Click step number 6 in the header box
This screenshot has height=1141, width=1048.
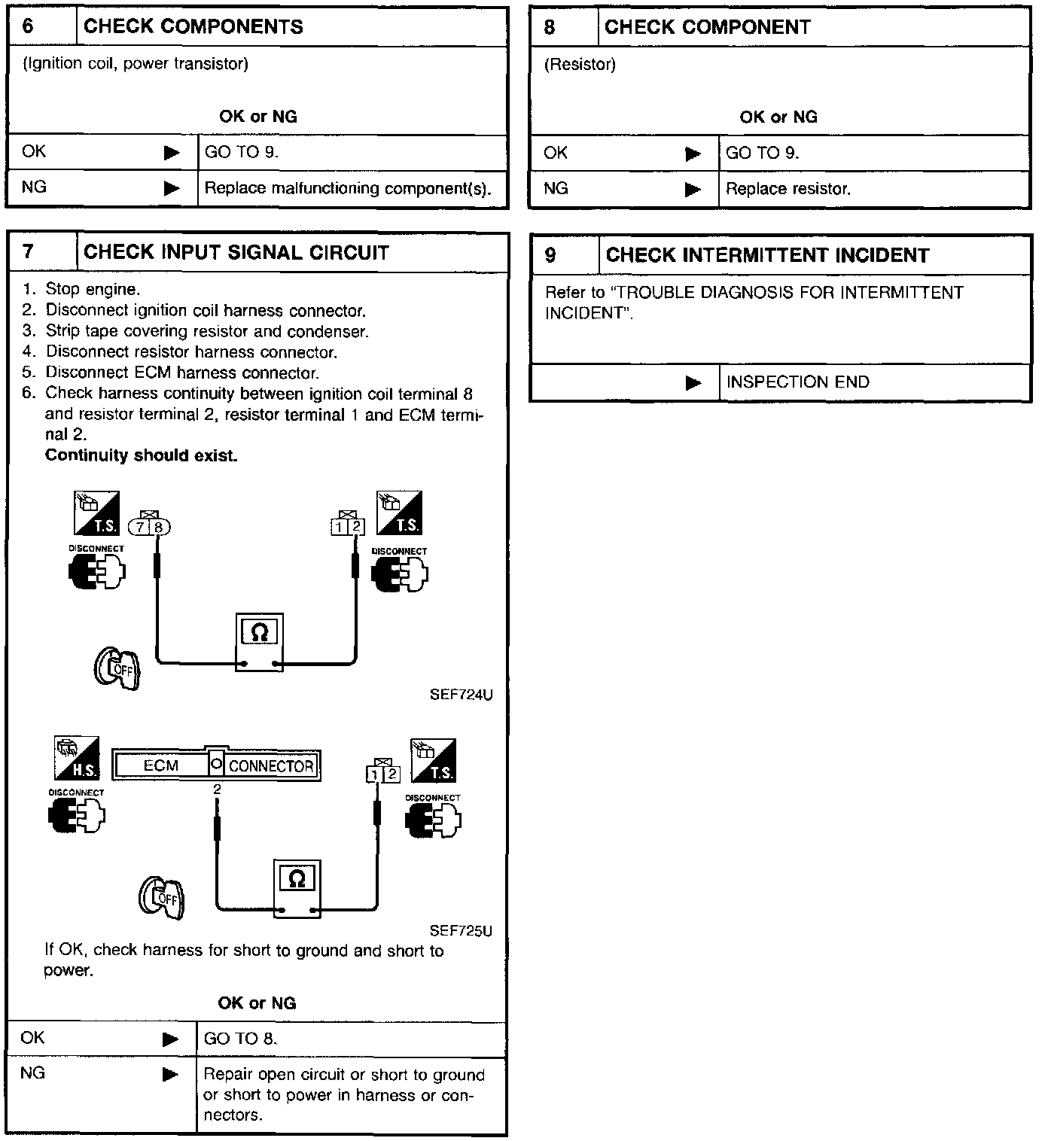(x=29, y=26)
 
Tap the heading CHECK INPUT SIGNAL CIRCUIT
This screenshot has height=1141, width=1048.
(x=236, y=252)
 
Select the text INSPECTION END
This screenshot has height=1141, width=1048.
(x=797, y=382)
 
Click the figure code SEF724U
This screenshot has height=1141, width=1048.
(x=461, y=695)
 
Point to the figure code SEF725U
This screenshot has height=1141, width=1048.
(x=461, y=931)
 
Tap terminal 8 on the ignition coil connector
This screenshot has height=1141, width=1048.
(x=159, y=527)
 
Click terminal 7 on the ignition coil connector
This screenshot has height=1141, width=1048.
(x=141, y=527)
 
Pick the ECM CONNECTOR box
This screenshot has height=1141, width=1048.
(x=216, y=765)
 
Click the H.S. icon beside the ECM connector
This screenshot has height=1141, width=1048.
(x=77, y=758)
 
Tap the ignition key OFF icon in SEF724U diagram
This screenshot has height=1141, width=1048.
(x=117, y=667)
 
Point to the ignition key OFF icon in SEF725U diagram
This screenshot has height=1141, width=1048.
(x=161, y=898)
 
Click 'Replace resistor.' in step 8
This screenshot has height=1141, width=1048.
(x=788, y=189)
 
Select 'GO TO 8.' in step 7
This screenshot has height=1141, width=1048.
(x=240, y=1039)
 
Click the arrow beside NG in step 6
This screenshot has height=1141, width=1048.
(x=172, y=187)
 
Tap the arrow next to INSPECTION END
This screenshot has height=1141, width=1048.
(x=693, y=383)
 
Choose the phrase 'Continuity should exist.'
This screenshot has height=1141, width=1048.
(x=142, y=455)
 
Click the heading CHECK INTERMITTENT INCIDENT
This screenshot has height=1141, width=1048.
(x=767, y=255)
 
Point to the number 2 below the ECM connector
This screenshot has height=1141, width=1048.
(x=217, y=790)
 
